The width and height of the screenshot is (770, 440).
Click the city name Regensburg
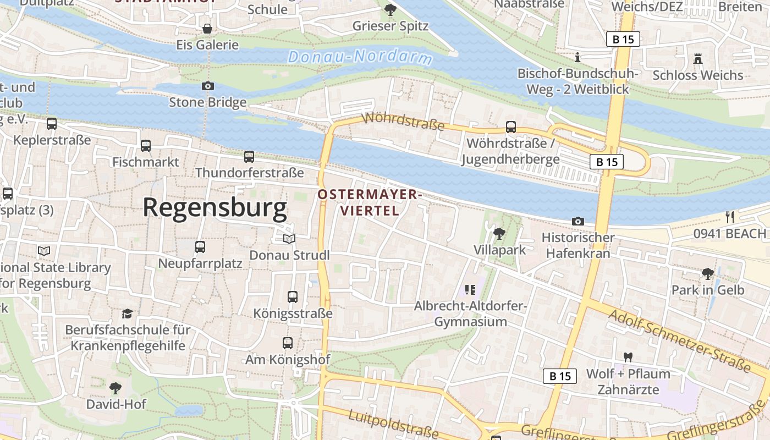click(x=215, y=208)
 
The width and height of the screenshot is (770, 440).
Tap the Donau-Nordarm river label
click(x=360, y=57)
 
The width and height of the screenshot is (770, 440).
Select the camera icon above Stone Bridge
click(x=207, y=86)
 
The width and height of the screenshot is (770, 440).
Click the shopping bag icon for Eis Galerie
click(x=207, y=29)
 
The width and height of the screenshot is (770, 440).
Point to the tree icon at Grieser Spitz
click(x=390, y=9)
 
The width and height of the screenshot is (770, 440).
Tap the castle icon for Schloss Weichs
click(x=697, y=58)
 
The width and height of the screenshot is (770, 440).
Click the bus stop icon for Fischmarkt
click(x=146, y=146)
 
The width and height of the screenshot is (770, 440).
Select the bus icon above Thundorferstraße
click(x=249, y=157)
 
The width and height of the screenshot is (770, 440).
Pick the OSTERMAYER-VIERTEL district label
click(x=369, y=202)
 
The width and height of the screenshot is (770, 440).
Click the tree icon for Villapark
click(x=499, y=234)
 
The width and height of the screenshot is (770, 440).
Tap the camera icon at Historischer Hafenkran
click(x=577, y=221)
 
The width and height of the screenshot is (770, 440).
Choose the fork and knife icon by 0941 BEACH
click(x=729, y=217)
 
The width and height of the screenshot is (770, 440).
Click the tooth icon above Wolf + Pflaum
click(x=628, y=358)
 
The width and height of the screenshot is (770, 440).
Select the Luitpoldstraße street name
click(x=394, y=424)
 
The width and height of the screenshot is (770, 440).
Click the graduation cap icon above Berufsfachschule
click(x=128, y=313)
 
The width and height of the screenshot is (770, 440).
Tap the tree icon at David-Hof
click(x=116, y=388)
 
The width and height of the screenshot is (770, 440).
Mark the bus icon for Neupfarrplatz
click(x=200, y=247)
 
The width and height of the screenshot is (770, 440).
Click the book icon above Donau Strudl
click(x=289, y=239)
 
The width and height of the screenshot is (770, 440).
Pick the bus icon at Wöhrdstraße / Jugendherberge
click(x=511, y=127)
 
